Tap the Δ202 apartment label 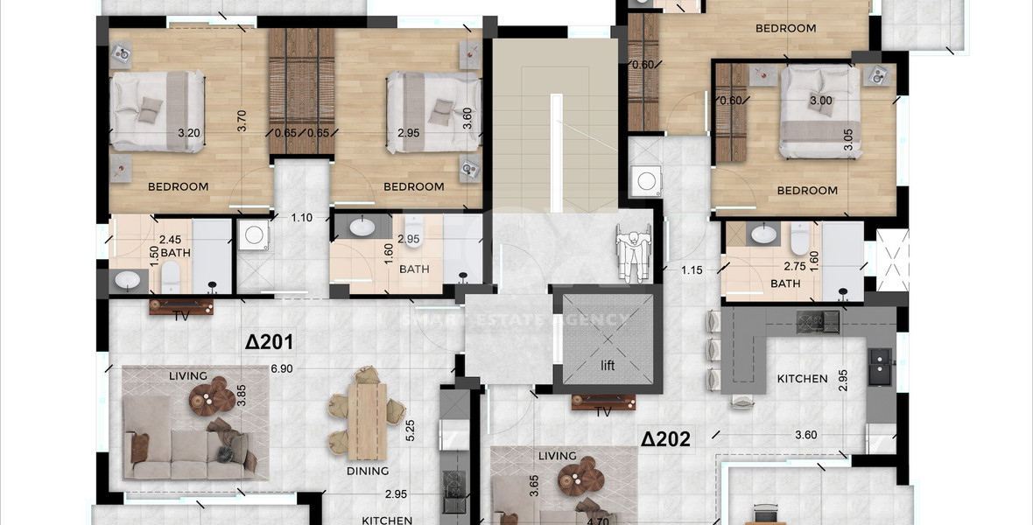click(666, 438)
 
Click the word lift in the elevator click(608, 366)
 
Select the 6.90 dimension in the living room click(281, 369)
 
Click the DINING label click(368, 471)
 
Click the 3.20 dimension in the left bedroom click(189, 133)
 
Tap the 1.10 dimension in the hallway click(301, 217)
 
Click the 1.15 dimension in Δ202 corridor click(692, 269)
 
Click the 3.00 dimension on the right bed click(820, 101)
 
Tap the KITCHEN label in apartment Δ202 click(802, 379)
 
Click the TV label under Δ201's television click(181, 316)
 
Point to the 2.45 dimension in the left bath click(169, 238)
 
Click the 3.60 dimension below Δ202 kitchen click(805, 435)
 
